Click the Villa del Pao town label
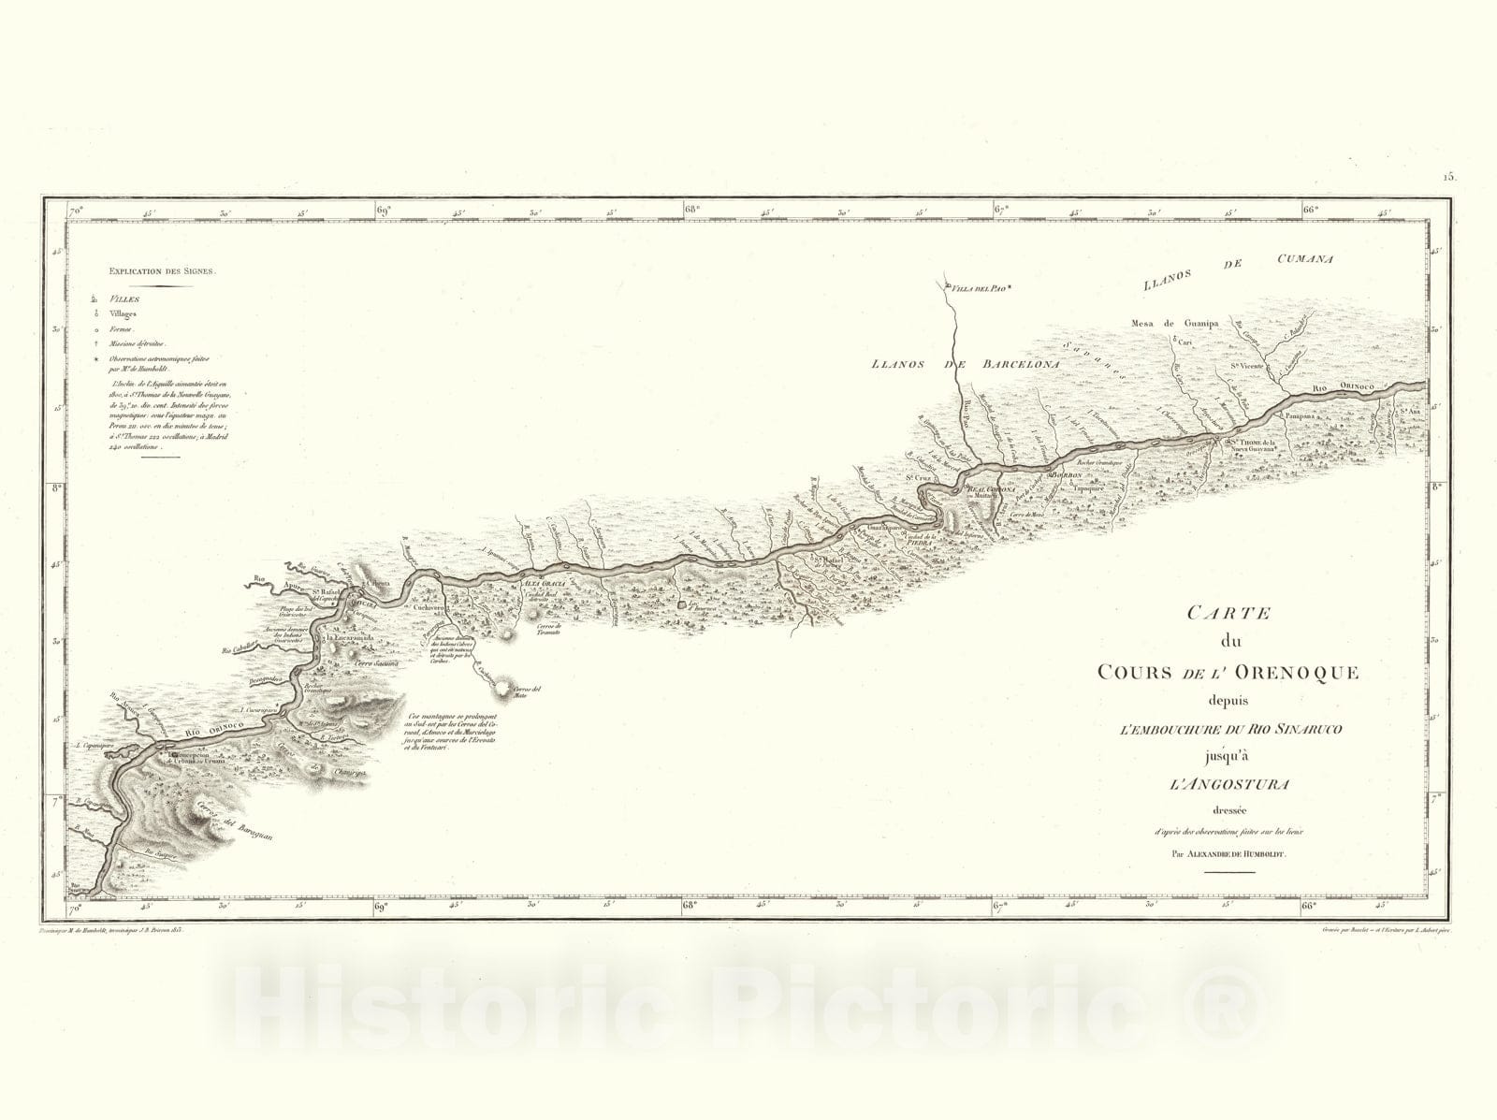(979, 289)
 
